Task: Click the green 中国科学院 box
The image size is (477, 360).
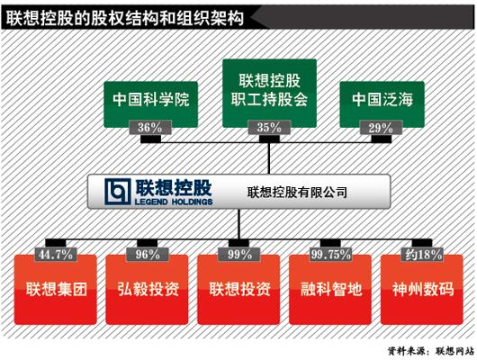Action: point(150,104)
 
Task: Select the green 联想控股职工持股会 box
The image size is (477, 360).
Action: point(269,93)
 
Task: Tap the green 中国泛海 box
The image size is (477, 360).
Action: point(382,104)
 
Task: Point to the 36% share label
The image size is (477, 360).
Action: point(150,127)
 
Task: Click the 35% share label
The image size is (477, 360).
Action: point(269,127)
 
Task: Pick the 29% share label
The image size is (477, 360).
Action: point(381,128)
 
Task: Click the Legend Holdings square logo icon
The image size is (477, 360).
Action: point(118,192)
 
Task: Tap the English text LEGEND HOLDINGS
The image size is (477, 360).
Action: point(174,202)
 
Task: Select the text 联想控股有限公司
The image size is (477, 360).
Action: point(297,193)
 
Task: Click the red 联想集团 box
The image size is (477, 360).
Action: point(56,290)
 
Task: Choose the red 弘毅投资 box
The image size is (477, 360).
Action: point(147,290)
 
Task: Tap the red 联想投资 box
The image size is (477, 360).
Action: point(238,290)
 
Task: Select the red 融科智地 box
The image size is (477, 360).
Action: point(330,290)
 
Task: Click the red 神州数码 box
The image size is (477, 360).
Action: point(421,290)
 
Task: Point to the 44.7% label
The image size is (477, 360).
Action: point(56,255)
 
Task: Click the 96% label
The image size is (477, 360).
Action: point(148,255)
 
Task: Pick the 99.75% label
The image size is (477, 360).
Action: point(330,255)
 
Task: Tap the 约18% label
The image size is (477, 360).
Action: point(423,255)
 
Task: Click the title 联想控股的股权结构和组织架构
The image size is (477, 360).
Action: point(125,18)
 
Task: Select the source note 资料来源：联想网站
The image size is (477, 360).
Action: point(431,351)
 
